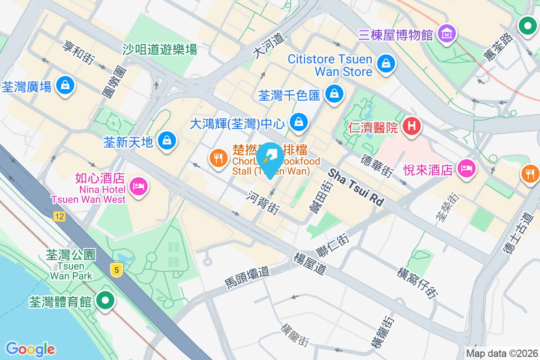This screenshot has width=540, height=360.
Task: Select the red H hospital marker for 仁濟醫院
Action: click(x=411, y=126)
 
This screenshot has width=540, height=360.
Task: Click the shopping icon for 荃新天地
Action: click(x=167, y=140)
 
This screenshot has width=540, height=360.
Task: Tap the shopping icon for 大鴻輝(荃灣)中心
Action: click(x=298, y=121)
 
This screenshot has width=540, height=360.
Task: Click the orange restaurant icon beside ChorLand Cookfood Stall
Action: click(x=219, y=158)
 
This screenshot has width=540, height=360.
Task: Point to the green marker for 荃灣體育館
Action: click(x=106, y=300)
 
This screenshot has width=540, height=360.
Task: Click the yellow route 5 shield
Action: click(x=117, y=270)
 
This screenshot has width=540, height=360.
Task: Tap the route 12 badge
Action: click(x=59, y=217)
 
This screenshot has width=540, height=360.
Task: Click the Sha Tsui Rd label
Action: click(x=355, y=187)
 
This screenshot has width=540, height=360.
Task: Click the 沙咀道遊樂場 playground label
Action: click(x=160, y=49)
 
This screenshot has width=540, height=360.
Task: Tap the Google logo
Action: click(x=30, y=349)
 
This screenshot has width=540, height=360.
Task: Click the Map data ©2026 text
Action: click(x=501, y=353)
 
